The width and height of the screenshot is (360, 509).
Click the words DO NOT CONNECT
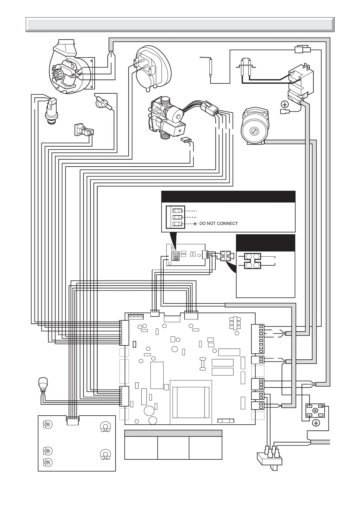[x=218, y=224]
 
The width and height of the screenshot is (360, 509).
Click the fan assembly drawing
[x=71, y=68]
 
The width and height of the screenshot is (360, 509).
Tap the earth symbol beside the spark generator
[x=284, y=105]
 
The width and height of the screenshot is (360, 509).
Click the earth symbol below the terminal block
[x=316, y=423]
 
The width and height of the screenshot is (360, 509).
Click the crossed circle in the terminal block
[x=315, y=410]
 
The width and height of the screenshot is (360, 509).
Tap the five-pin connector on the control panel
[x=73, y=418]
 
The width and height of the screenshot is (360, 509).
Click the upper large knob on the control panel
[x=105, y=427]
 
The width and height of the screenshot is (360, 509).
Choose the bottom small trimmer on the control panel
[x=47, y=462]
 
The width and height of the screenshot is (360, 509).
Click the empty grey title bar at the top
[x=180, y=24]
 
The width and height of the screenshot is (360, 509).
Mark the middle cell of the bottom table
[x=173, y=448]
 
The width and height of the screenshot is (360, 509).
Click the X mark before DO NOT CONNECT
[x=195, y=224]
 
